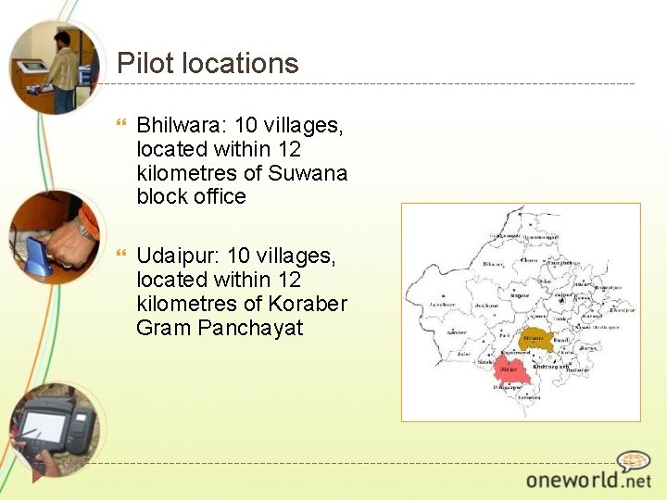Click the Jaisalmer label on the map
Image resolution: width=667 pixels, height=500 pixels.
(x=438, y=304)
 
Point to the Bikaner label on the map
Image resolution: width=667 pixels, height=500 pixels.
(x=492, y=264)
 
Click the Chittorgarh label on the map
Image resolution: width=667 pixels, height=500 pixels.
(x=549, y=368)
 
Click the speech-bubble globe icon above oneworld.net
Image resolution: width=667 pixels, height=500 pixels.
(x=634, y=460)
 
